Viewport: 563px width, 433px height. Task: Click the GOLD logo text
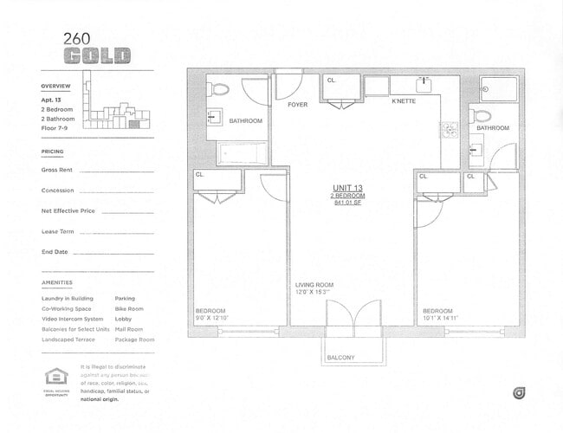coord(97,55)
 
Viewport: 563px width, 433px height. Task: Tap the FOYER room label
coord(298,105)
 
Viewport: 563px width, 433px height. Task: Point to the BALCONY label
coord(340,357)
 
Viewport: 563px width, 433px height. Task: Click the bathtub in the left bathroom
coord(245,153)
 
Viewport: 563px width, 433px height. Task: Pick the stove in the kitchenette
coord(450,130)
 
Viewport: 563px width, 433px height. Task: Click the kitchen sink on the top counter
coord(424,85)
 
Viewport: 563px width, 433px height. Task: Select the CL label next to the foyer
coord(331,81)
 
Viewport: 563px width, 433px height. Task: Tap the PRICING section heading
coord(52,152)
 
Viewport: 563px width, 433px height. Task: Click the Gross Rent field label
coord(56,170)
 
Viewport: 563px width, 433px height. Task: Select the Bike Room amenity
coord(129,308)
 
